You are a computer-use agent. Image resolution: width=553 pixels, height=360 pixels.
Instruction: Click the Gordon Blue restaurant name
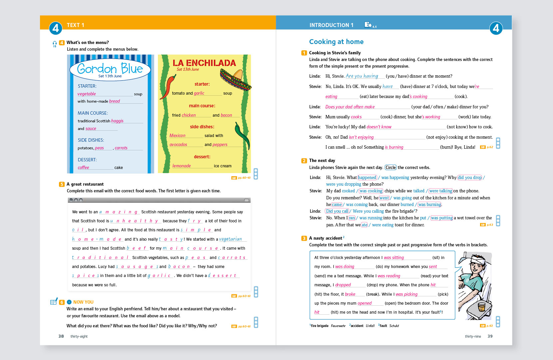[x=110, y=69]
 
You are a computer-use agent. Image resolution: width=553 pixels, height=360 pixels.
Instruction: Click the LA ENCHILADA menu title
[x=204, y=63]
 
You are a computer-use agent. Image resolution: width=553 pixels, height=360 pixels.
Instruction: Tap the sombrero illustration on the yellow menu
[x=235, y=80]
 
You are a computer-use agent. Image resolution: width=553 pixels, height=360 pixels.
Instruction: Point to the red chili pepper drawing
[x=168, y=86]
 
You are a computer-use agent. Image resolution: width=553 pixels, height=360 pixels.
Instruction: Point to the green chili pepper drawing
[x=243, y=135]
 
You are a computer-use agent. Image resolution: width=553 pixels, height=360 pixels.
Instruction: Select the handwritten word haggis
[x=117, y=121]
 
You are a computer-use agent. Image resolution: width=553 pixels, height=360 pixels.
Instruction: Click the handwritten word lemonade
[x=182, y=166]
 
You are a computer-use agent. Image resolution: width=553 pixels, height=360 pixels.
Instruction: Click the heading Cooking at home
[x=336, y=42]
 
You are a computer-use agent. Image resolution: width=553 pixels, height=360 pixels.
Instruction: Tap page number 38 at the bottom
[x=61, y=336]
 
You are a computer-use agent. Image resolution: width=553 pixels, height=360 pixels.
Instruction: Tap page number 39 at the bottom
[x=490, y=336]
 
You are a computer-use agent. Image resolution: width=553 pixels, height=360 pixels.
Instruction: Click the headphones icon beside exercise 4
[x=55, y=43]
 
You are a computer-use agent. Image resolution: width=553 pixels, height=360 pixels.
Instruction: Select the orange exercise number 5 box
[x=62, y=184]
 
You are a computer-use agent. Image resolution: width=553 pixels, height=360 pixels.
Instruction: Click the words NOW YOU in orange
[x=83, y=302]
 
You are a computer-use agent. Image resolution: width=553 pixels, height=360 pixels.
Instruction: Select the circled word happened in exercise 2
[x=367, y=177]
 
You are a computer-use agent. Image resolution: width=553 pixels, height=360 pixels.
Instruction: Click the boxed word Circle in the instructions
[x=390, y=167]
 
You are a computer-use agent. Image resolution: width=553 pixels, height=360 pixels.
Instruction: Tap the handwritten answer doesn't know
[x=379, y=127]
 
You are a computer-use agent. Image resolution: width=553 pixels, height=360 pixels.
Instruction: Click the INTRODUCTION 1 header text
[x=331, y=25]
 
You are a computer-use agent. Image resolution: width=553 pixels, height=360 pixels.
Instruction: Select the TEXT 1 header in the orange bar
[x=75, y=25]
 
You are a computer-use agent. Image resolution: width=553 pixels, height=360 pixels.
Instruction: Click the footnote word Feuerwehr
[x=338, y=326]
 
